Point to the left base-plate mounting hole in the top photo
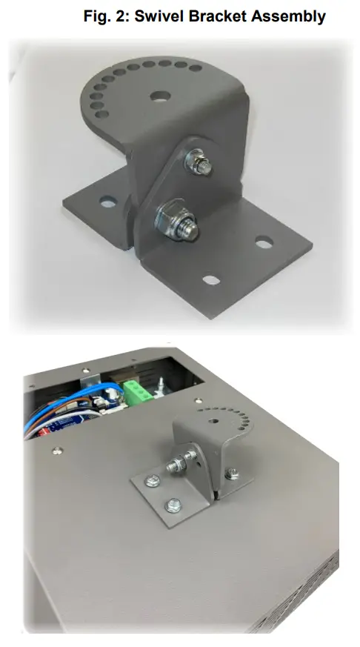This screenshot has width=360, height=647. (108, 201)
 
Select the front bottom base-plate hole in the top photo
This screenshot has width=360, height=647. (211, 280)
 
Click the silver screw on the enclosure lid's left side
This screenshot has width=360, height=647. (56, 449)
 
